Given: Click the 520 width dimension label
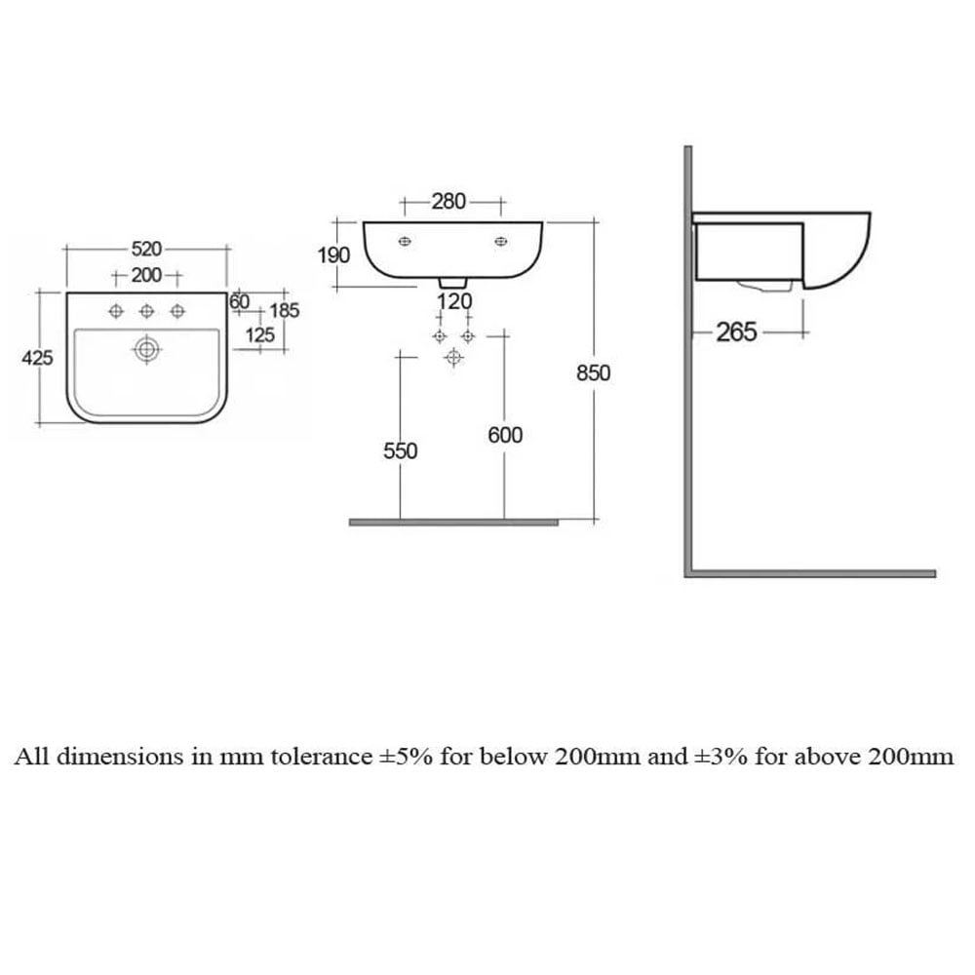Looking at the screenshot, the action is point(146,249).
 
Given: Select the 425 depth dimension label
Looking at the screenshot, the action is point(37,358).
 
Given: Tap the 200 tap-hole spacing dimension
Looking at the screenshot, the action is point(146,275).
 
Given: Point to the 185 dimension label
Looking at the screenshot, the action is point(284,310).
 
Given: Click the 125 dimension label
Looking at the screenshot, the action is point(260,335).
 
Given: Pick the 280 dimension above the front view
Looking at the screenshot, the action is point(448,202).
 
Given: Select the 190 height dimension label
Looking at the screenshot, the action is point(333,254).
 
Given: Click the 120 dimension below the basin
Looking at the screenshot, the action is point(454,301).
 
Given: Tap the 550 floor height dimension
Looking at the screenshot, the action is point(401,450).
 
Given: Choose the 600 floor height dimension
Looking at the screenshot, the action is point(505,435).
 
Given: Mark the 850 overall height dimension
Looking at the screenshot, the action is point(593,373).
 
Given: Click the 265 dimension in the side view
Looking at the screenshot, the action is point(737,332).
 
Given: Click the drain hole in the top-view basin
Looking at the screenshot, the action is point(147,349).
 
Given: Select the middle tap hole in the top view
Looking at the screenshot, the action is point(147,311).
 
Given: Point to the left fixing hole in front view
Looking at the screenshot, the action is point(405,241).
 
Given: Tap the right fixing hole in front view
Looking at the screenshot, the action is point(501,241).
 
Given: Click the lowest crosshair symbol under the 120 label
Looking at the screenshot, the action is point(454,358).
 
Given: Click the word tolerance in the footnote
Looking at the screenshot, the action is point(322,757).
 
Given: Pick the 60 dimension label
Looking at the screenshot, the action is point(240,301).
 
